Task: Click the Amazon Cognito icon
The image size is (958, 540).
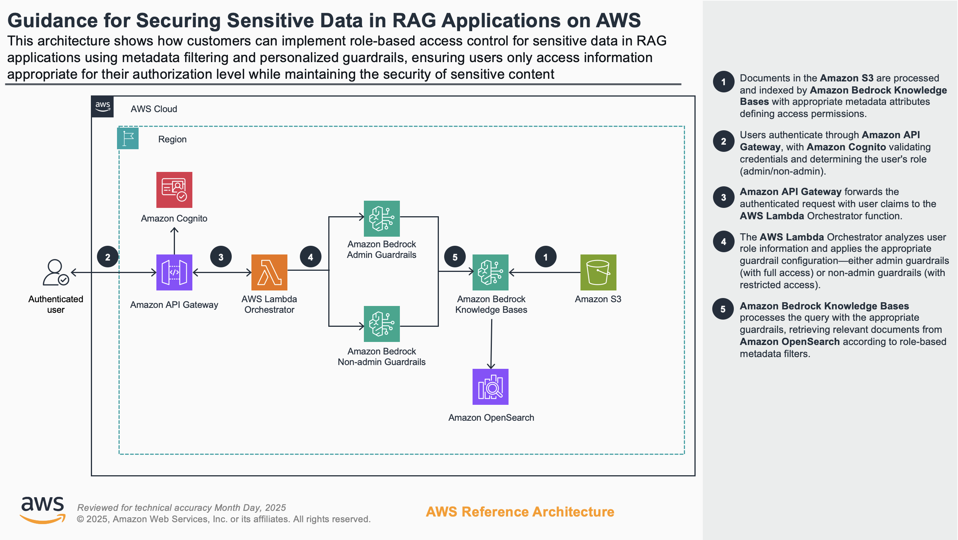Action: coord(174,190)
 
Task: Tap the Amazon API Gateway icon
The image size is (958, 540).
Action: coord(174,272)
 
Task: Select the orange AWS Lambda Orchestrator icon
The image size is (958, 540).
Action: coord(269,272)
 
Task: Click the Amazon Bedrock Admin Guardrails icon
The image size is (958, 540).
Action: coord(382,218)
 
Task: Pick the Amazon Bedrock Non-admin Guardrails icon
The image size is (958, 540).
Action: coord(382,324)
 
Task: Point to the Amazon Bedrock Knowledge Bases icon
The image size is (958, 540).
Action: coord(490,272)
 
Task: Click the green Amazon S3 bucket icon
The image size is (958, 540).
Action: coord(598,272)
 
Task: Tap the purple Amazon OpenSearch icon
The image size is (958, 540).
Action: coord(490,387)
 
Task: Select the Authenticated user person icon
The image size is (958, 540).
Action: coord(55,272)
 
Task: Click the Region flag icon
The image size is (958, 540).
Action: coord(128,138)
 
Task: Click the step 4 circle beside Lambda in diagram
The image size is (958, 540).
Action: coord(310,257)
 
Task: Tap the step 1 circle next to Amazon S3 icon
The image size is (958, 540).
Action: coord(546,257)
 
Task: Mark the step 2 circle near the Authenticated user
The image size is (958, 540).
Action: coord(108,257)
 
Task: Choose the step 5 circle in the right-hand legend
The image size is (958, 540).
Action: coord(723,309)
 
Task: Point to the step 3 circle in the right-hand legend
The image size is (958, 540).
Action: coord(723,197)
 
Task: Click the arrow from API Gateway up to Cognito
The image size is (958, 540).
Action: coord(174,240)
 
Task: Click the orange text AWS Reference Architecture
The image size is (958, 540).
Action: coord(520,512)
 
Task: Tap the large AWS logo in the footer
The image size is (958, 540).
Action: coord(42,510)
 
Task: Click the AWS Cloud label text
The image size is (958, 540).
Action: coord(154,109)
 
